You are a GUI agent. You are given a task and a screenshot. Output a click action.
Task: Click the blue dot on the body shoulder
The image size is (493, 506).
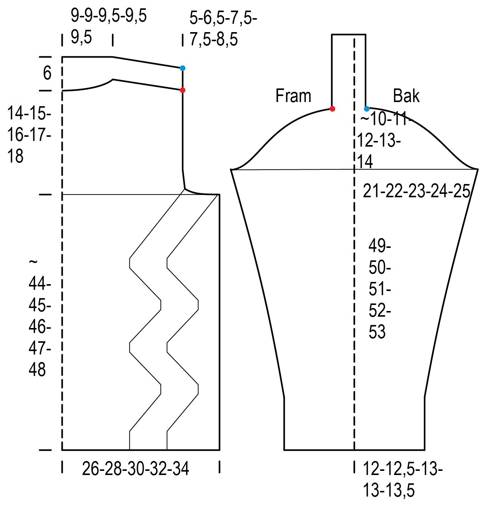tap(182, 68)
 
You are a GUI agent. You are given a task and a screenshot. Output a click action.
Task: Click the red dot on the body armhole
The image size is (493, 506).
tap(182, 90)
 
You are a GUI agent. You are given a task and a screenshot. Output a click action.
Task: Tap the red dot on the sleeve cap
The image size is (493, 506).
tap(332, 109)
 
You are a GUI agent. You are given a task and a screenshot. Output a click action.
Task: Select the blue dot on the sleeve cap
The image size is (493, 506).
tap(367, 109)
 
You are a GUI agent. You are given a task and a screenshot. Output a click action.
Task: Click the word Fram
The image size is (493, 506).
tap(293, 96)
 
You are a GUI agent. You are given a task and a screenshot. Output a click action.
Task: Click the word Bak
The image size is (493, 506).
tap(406, 96)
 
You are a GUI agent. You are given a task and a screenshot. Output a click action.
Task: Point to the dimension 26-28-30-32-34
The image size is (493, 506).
tap(135, 469)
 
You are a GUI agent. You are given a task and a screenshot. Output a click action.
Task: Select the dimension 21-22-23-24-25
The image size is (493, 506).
tap(417, 191)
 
